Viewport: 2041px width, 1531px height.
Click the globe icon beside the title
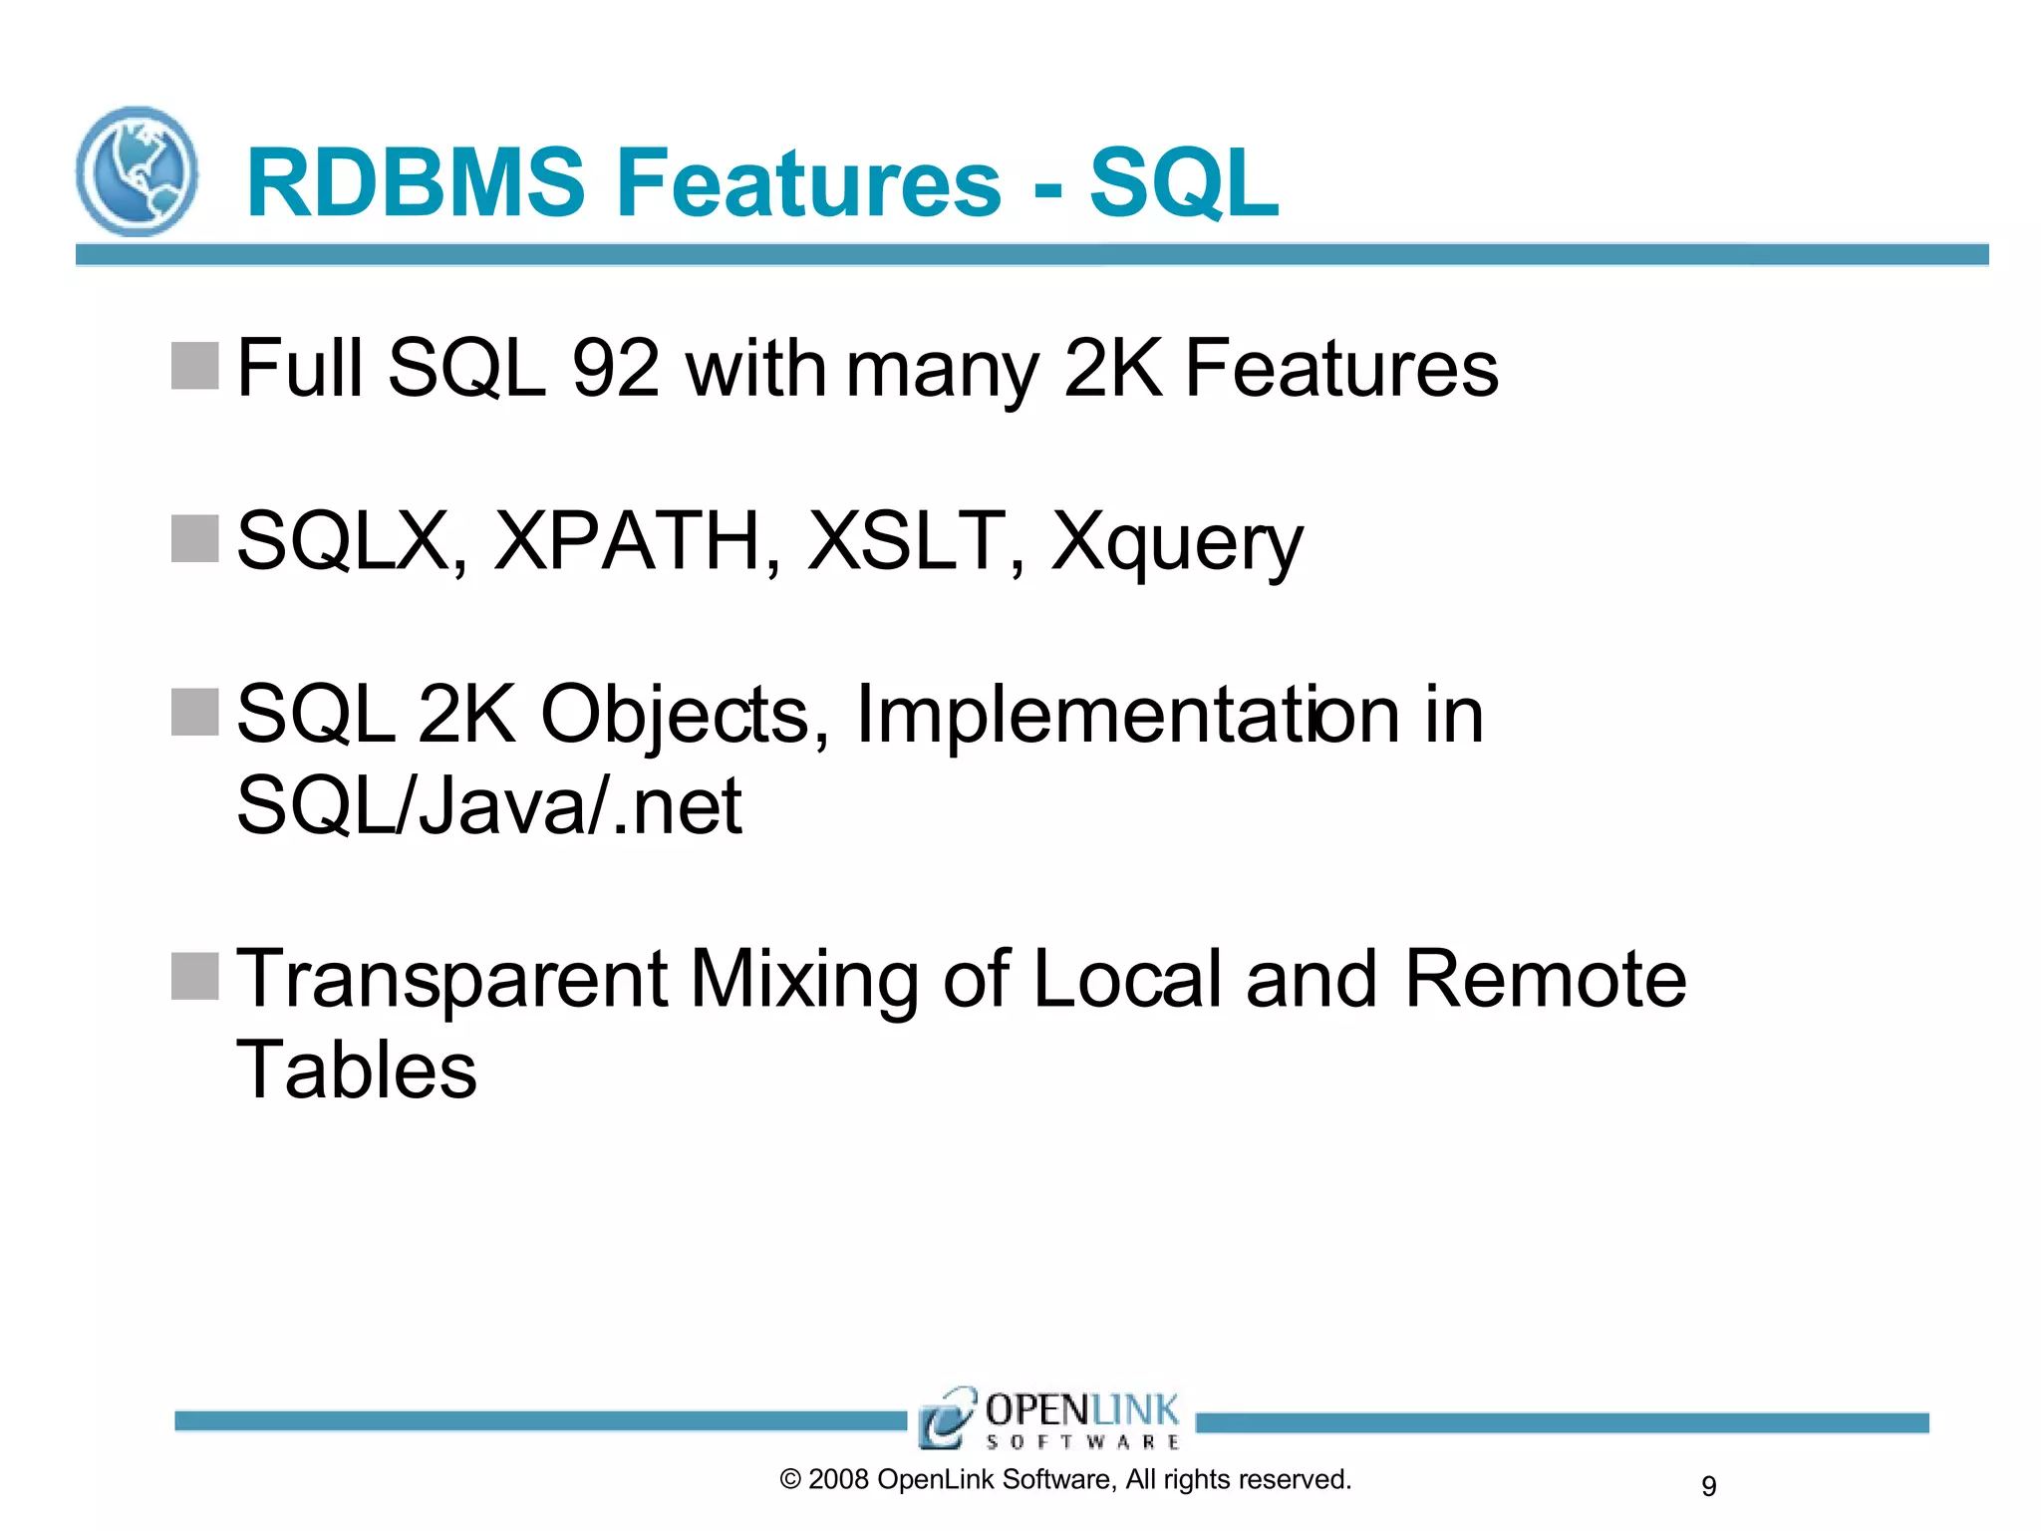[x=137, y=171]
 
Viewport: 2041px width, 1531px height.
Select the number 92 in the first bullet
[x=615, y=368]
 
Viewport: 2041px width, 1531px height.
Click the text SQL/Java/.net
[x=489, y=805]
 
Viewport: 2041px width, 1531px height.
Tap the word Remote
[x=1545, y=979]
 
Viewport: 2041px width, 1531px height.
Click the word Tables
[x=357, y=1071]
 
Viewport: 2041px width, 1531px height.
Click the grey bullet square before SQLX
[x=194, y=539]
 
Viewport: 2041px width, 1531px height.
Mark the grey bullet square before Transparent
[x=194, y=976]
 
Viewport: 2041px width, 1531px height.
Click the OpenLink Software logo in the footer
[x=1049, y=1418]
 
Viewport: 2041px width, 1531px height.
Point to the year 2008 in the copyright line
[x=838, y=1479]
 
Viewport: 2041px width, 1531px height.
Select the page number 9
[x=1708, y=1486]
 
